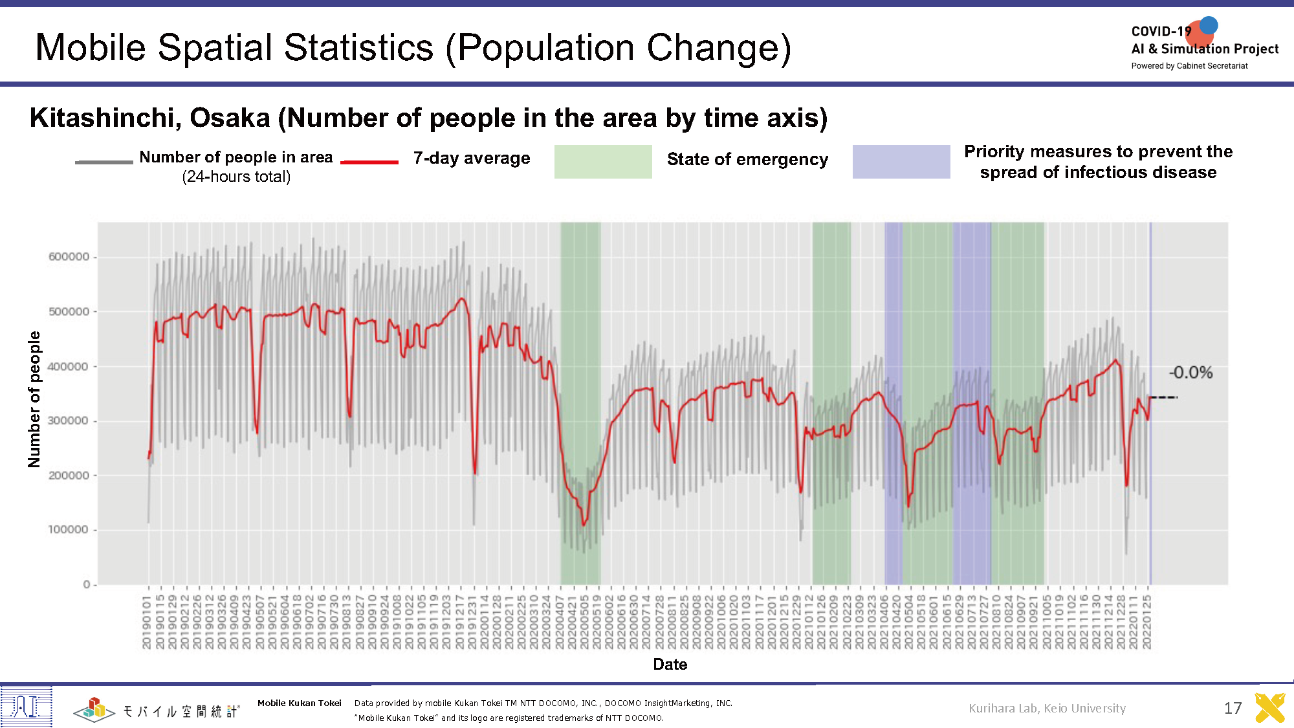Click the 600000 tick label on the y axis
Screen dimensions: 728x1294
69,257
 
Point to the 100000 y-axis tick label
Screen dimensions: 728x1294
69,530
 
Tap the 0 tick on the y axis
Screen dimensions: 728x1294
86,584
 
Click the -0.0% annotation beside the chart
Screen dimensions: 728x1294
1190,373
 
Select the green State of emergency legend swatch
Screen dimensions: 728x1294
603,162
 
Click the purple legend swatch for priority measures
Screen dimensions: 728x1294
901,162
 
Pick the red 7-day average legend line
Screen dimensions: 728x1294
369,162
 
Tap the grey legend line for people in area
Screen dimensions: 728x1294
104,162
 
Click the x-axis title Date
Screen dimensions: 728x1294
670,665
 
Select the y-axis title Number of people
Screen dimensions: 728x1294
34,399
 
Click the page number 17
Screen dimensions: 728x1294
1233,708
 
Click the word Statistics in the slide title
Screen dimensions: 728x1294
358,48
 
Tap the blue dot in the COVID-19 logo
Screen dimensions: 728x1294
1209,25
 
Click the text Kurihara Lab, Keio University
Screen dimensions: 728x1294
1047,708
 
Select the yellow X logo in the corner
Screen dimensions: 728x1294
1269,708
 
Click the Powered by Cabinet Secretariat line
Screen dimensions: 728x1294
1189,66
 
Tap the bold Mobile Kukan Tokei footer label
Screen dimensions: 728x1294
299,703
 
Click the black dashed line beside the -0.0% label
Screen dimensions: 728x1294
1164,397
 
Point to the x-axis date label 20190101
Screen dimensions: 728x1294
147,623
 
